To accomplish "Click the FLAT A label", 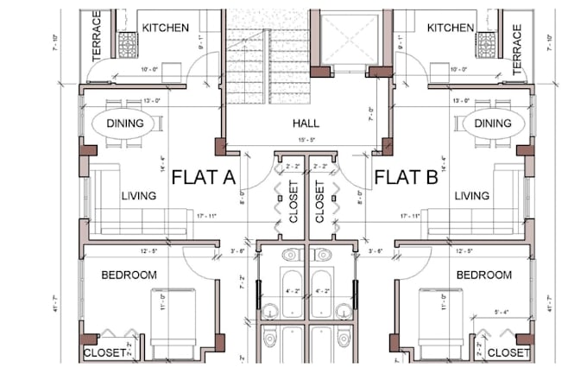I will pos(204,178).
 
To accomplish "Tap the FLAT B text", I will pos(406,178).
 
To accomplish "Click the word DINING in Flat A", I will pos(125,123).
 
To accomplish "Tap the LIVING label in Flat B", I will pos(472,196).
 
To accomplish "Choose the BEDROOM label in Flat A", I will pos(129,275).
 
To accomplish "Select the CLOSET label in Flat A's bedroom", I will pos(104,353).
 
